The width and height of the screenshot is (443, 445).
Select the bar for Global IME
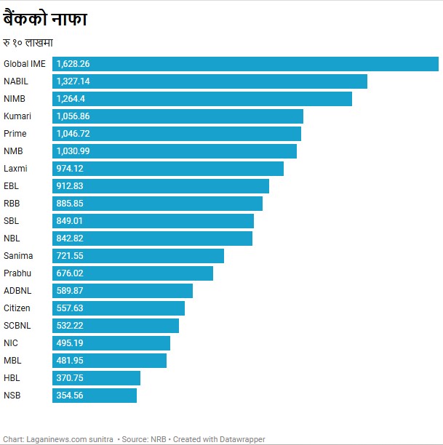pos(245,64)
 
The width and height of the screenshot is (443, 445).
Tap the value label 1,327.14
pos(73,81)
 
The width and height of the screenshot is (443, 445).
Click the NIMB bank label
pos(15,99)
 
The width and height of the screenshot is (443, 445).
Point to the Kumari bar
pos(177,116)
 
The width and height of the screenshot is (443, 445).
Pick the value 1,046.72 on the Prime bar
pos(73,134)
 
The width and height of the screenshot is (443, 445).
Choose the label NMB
pos(14,151)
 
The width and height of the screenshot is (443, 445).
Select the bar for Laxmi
pos(168,169)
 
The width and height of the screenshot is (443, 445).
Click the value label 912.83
pos(70,186)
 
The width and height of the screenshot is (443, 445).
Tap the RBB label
pos(12,204)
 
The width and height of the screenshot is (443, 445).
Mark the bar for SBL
pos(153,221)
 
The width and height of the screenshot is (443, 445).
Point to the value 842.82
pos(70,238)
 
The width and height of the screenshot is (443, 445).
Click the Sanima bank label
pos(18,256)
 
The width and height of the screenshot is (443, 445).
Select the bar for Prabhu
pos(132,273)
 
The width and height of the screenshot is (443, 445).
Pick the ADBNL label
pos(17,291)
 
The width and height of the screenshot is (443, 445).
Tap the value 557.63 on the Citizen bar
pos(70,308)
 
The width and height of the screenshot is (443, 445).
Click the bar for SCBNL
pos(116,326)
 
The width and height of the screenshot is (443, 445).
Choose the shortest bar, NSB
pos(95,396)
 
